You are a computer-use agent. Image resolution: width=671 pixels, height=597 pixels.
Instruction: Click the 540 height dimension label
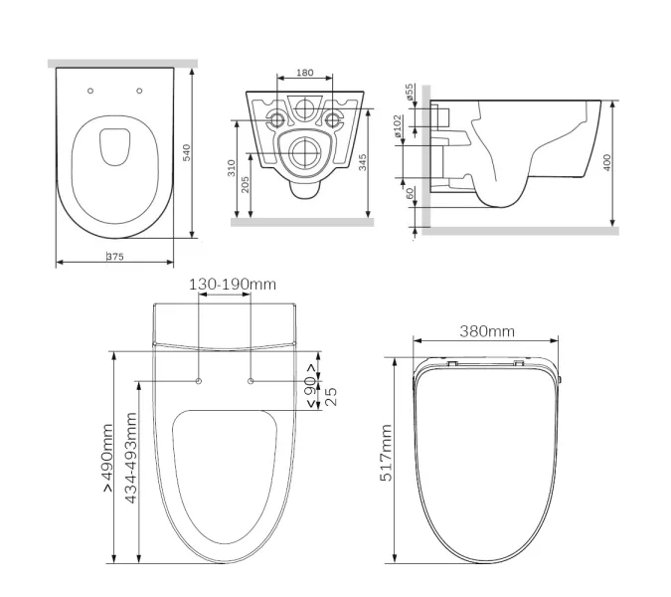click(x=187, y=153)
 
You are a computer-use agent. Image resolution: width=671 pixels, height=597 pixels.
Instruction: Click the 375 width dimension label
click(x=115, y=257)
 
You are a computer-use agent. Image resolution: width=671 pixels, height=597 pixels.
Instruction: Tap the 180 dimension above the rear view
click(x=305, y=73)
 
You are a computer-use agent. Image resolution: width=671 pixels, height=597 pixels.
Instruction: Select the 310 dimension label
click(x=232, y=168)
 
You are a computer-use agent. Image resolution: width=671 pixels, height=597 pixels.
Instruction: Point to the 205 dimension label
click(x=246, y=185)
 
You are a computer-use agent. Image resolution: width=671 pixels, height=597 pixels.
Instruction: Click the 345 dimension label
click(x=363, y=162)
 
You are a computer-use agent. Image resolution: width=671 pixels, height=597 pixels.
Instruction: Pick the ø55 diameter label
click(x=410, y=93)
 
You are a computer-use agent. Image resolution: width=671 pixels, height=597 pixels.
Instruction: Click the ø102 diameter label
click(x=398, y=126)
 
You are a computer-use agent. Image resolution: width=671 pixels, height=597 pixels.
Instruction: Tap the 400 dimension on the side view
click(x=606, y=162)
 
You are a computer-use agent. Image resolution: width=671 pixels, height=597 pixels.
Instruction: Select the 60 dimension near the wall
click(x=410, y=194)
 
